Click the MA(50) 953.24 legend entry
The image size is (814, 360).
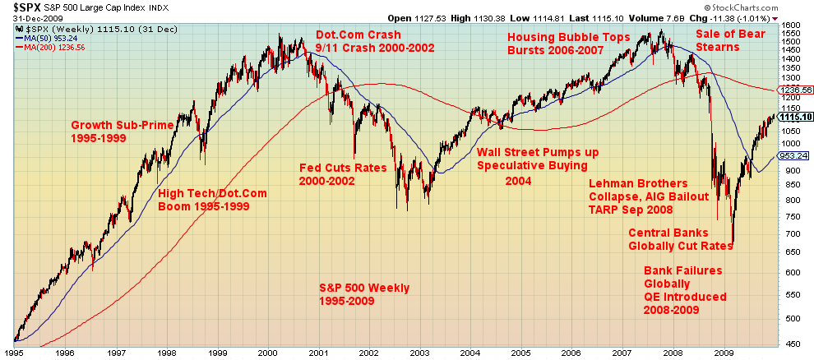coord(49,37)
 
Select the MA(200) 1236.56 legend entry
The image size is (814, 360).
coord(51,47)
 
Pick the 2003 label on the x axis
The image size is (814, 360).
coord(419,353)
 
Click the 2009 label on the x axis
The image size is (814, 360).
coord(724,353)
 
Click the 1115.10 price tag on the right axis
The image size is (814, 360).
coord(797,117)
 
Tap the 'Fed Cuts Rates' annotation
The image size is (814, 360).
coord(342,168)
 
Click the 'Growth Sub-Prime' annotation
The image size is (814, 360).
coord(123,125)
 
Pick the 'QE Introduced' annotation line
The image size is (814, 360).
coord(684,297)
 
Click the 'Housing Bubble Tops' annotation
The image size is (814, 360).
coord(568,37)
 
